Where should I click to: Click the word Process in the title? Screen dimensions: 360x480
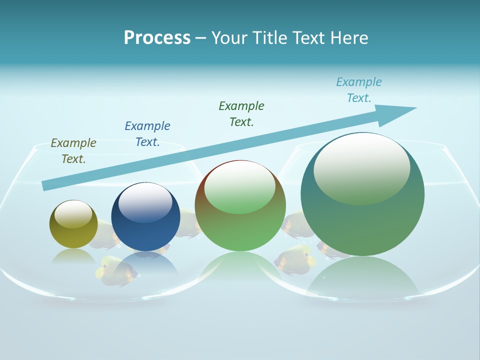pos(157,38)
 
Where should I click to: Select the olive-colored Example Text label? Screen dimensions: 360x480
pos(73,151)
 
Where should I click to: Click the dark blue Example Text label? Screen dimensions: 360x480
pos(147,134)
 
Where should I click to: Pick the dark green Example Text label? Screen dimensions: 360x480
pos(241,114)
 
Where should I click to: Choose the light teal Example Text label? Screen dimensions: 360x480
pos(359,90)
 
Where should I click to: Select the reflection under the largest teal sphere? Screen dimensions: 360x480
pos(362,277)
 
